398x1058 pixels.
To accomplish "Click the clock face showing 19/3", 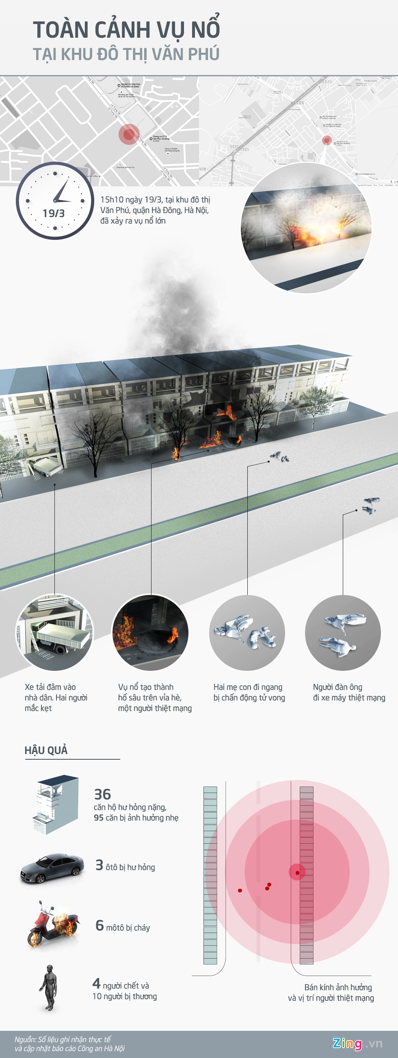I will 55,201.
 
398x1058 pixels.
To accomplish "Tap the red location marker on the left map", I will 129,134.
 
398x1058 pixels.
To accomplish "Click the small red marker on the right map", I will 327,140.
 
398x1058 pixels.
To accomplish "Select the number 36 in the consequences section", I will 102,794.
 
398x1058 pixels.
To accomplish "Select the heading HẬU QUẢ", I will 46,750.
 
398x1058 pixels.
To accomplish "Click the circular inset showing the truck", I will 54,633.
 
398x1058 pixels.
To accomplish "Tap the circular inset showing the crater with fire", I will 150,633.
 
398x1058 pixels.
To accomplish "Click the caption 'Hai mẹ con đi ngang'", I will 248,687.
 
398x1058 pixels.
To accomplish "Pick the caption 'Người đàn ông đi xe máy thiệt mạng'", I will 349,692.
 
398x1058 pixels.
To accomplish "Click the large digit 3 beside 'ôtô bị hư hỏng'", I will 99,865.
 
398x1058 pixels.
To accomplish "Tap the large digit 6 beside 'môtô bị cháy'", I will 99,926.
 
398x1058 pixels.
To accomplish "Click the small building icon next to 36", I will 56,804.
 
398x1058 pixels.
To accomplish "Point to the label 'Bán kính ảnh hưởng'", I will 337,987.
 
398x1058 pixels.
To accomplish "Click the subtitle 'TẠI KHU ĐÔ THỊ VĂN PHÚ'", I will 126,54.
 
